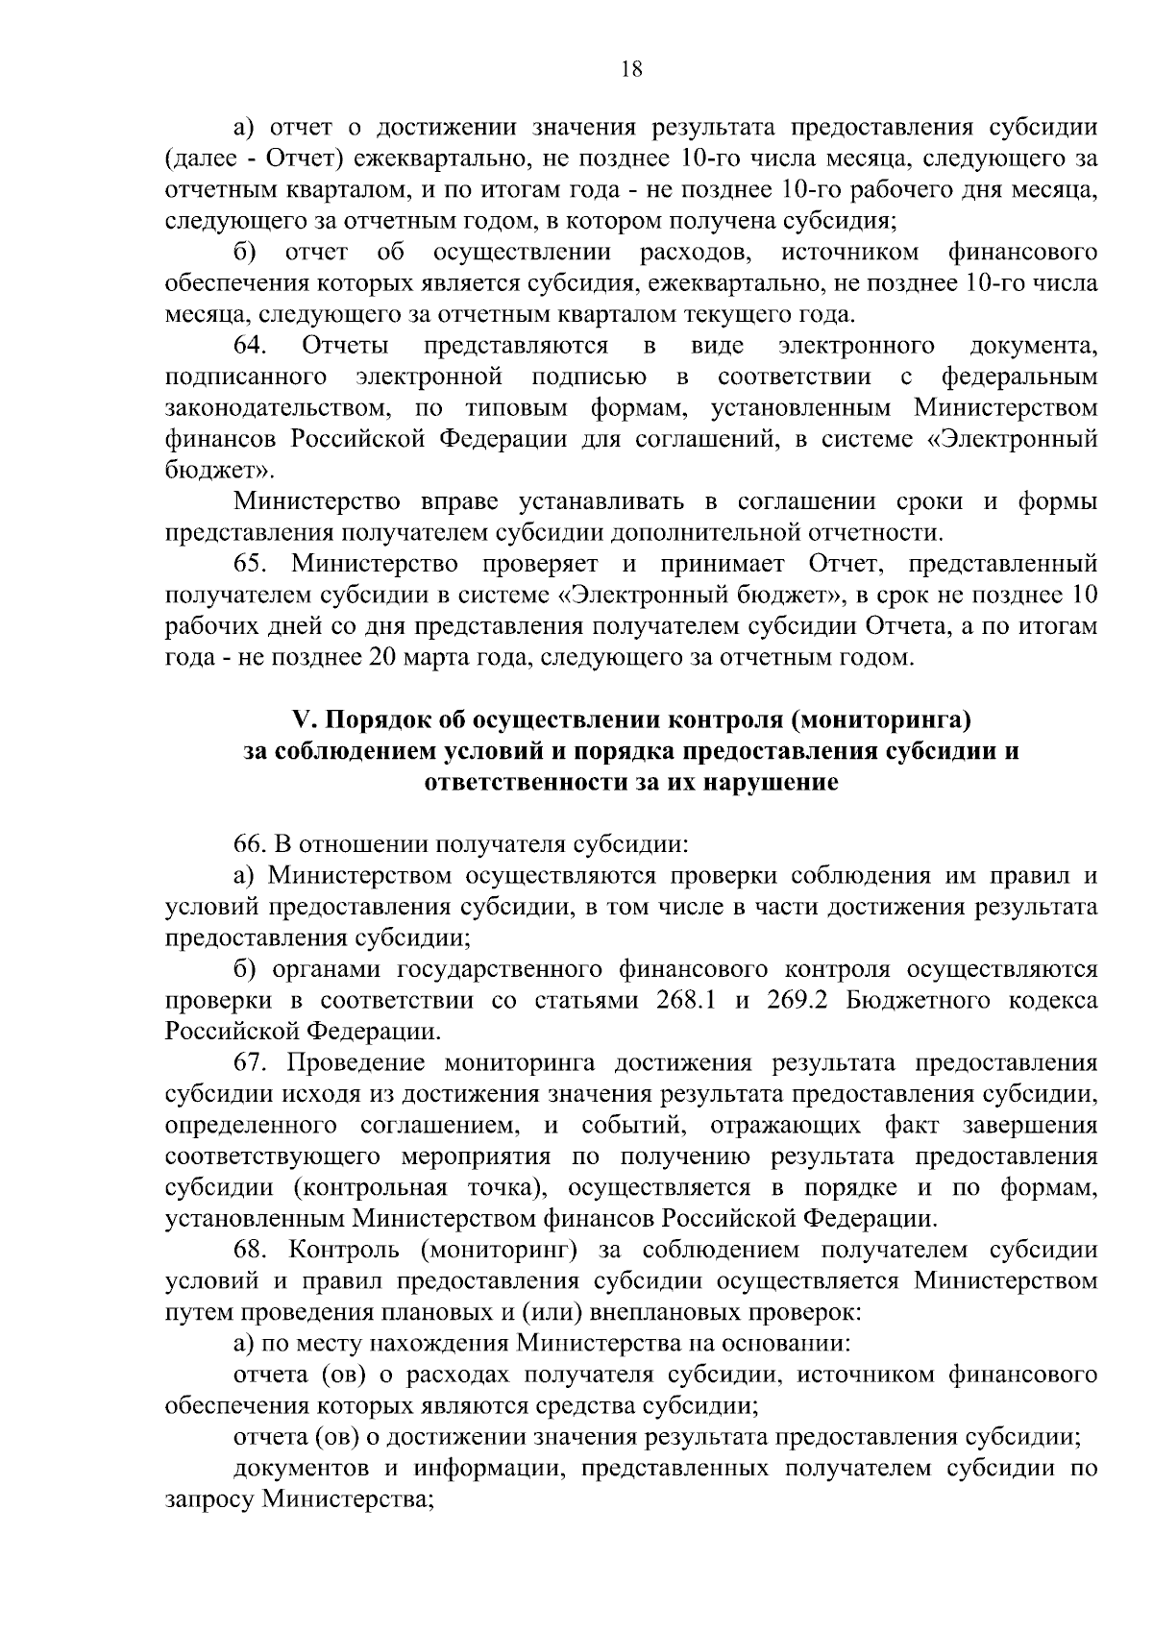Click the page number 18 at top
(631, 68)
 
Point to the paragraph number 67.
(252, 1063)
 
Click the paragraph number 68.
(252, 1251)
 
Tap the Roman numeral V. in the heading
(303, 719)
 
